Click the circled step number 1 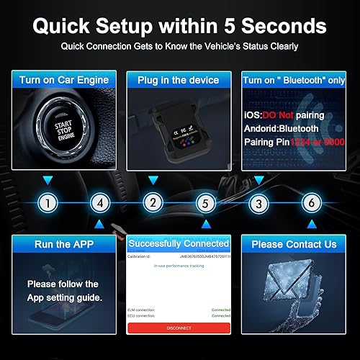[x=48, y=204]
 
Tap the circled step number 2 [x=152, y=204]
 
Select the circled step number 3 [x=258, y=204]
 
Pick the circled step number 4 [x=100, y=204]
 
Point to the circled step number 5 [x=205, y=204]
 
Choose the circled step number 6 [x=310, y=204]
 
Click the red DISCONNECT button [x=179, y=328]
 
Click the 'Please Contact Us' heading [x=294, y=244]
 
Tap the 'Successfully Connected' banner [x=179, y=244]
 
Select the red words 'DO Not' [x=280, y=114]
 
